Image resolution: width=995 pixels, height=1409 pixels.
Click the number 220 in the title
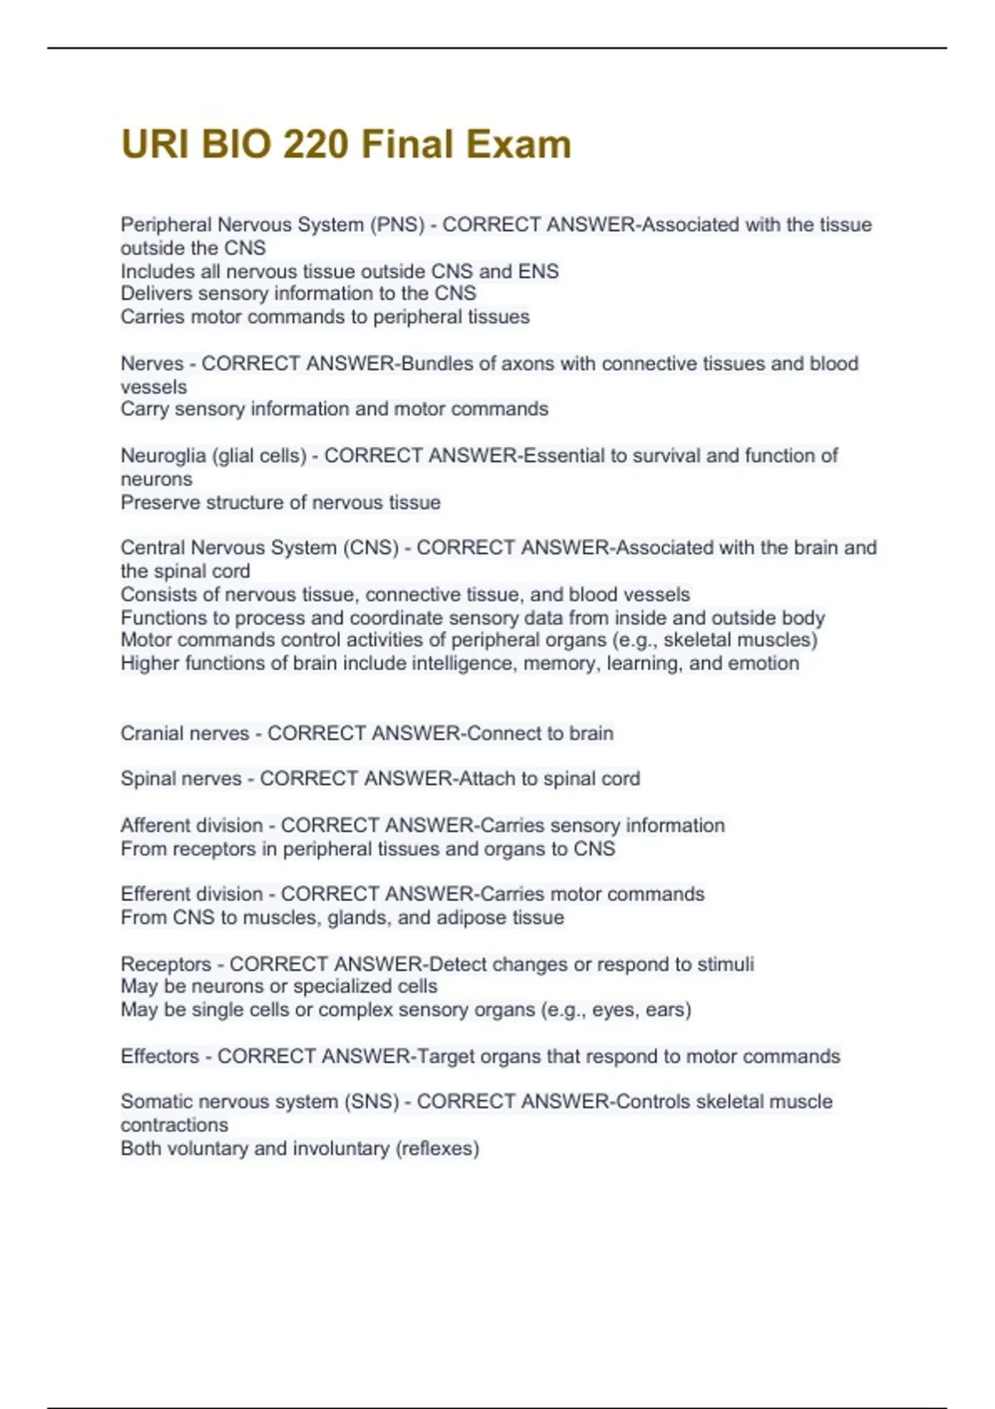click(315, 144)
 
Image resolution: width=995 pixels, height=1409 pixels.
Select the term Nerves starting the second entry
click(152, 364)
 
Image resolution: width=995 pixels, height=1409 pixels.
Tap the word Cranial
click(153, 734)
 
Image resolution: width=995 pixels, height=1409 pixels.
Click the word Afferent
click(154, 826)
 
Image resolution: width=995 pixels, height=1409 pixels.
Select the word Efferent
click(154, 894)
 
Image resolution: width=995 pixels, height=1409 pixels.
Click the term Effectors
click(160, 1057)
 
